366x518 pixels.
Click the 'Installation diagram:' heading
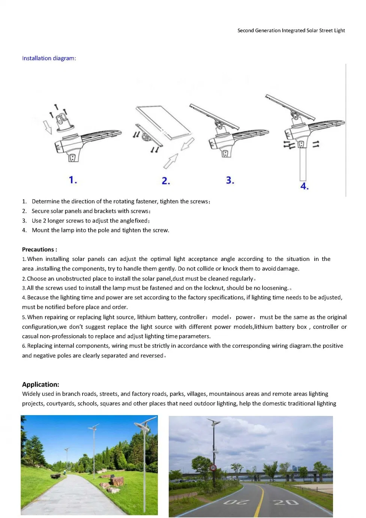coord(49,58)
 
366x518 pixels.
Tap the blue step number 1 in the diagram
coord(73,180)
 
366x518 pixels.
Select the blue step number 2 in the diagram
coord(166,181)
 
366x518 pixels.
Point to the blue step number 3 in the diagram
coord(230,180)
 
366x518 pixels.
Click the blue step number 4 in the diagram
coord(304,186)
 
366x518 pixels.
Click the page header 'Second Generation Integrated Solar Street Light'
coord(291,30)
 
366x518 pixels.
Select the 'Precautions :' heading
coord(39,250)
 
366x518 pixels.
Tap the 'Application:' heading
coord(40,384)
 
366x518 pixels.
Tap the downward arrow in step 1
coord(48,127)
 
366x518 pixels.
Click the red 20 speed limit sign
coord(213,468)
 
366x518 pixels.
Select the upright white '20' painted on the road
coord(286,502)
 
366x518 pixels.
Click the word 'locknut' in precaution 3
coord(214,288)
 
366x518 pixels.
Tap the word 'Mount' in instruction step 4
coord(40,230)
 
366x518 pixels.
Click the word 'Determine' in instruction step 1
coord(45,201)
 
